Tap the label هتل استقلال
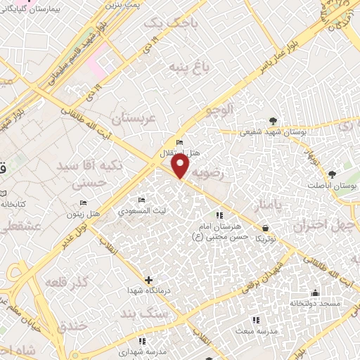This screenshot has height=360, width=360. pos(186,153)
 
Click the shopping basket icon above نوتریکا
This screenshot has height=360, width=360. pos(265,227)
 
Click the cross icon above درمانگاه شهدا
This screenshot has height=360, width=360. pos(148,280)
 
